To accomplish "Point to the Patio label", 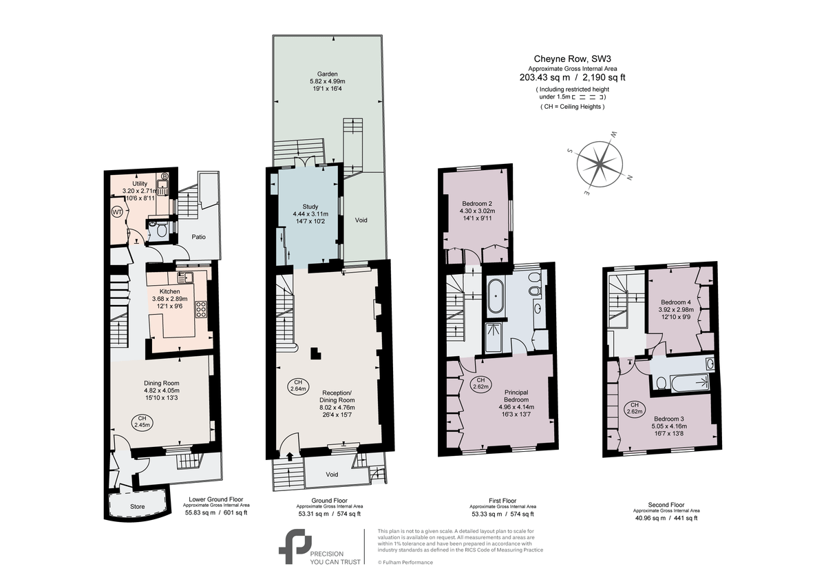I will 198,237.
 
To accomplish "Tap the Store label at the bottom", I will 138,507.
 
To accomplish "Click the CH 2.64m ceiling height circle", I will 298,386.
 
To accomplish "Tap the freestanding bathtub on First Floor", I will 496,297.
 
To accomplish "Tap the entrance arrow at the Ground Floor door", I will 289,455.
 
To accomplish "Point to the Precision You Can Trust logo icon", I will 295,545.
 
